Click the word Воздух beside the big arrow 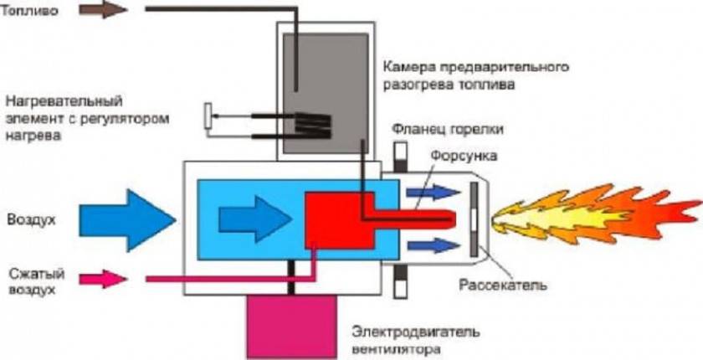pos(31,220)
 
